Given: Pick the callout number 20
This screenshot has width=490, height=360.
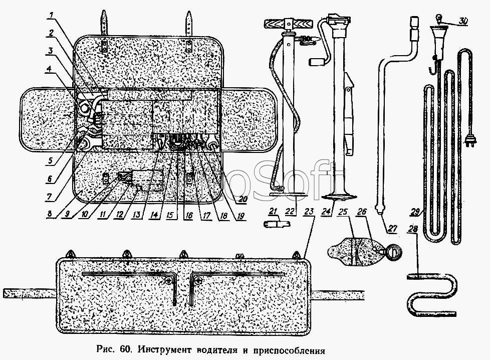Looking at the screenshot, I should (243, 198).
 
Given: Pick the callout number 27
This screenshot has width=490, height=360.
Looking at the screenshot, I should (392, 229).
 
